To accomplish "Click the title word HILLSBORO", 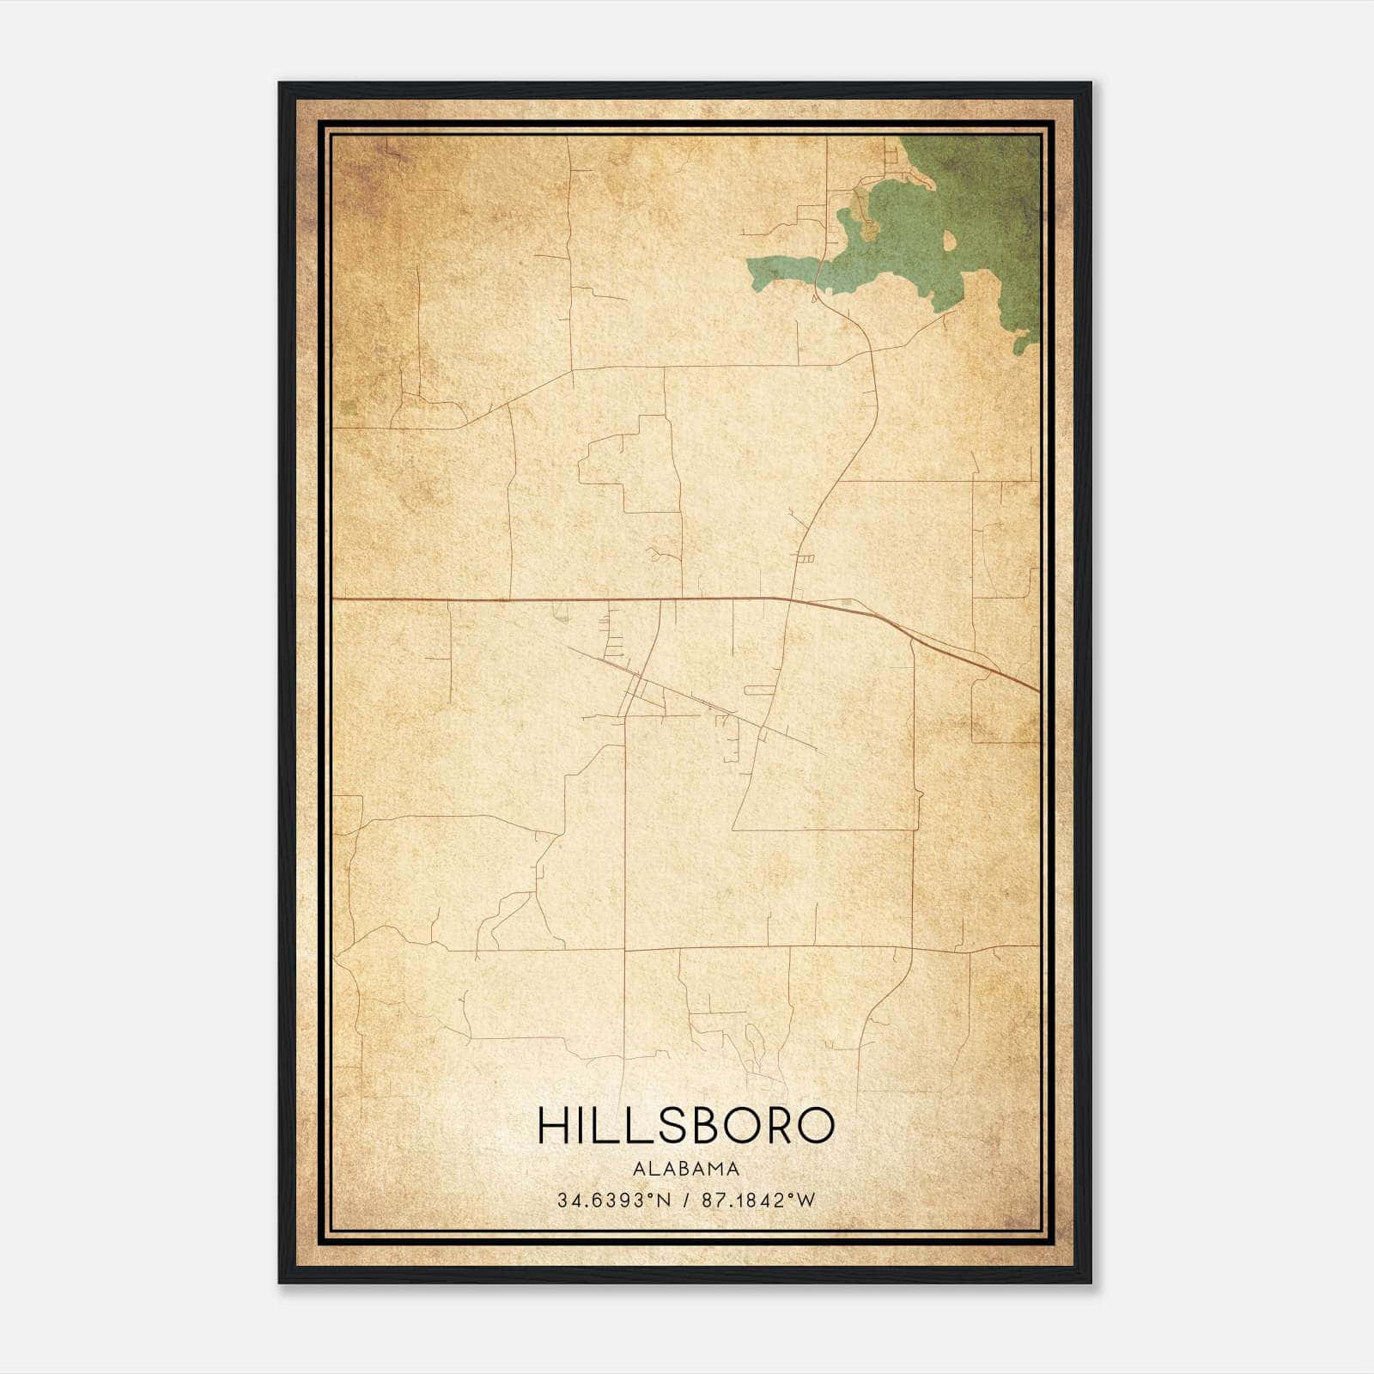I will (x=685, y=1126).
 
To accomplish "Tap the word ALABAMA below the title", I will (x=685, y=1169).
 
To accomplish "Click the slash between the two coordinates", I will (x=684, y=1201).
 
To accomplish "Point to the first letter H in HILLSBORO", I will (x=552, y=1126).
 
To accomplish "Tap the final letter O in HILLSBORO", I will (x=817, y=1126).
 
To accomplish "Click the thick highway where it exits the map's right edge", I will (x=1037, y=689).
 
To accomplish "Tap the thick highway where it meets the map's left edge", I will (x=335, y=598).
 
